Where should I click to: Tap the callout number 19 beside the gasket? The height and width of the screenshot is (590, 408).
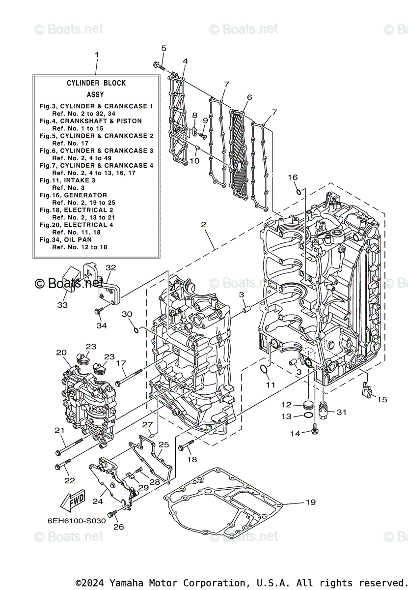310,502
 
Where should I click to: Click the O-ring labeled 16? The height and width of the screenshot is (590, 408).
298,190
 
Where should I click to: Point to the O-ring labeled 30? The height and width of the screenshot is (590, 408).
136,328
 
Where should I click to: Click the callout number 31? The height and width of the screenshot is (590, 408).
341,412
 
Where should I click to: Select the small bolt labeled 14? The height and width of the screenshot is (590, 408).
315,432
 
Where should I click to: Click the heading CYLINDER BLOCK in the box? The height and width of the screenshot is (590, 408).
96,83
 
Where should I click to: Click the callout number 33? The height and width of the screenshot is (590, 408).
62,305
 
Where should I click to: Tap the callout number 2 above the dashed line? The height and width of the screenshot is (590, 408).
203,224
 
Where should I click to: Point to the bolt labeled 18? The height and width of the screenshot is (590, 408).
183,448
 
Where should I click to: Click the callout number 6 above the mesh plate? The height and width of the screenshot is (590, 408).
249,97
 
